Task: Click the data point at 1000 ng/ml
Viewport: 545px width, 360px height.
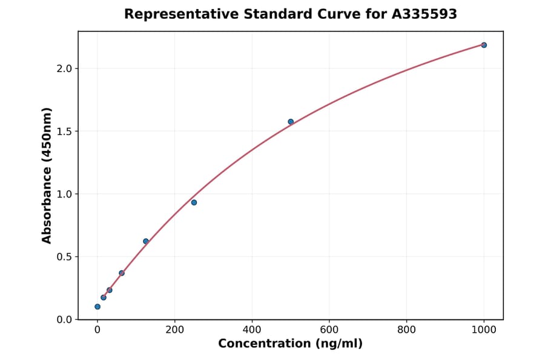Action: (x=484, y=45)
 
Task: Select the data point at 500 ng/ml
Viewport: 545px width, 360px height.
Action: (x=291, y=122)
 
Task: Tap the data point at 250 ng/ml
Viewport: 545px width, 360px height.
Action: (x=194, y=202)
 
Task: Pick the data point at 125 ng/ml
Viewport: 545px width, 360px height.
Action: (x=146, y=241)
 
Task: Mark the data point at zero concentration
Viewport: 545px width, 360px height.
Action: (x=97, y=307)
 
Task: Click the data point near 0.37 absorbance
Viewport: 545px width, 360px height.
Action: (x=122, y=273)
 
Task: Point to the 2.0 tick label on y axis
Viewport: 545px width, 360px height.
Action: (x=64, y=68)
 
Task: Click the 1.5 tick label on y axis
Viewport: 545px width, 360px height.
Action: (x=64, y=132)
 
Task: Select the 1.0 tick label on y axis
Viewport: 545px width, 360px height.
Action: (x=64, y=194)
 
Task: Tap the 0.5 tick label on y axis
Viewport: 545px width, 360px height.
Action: (x=64, y=257)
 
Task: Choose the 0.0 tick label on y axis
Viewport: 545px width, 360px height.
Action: (x=64, y=319)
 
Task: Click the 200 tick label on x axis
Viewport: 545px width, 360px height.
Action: (x=174, y=330)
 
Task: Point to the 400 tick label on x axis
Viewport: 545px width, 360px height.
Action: (x=252, y=330)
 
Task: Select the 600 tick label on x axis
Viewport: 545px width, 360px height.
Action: (x=329, y=330)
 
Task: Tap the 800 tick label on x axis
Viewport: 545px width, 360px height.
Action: (x=406, y=330)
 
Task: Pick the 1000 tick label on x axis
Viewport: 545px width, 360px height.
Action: (x=484, y=330)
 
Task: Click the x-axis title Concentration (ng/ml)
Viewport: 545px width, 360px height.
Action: (x=290, y=344)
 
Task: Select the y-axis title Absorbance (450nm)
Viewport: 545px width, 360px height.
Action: (x=47, y=175)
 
